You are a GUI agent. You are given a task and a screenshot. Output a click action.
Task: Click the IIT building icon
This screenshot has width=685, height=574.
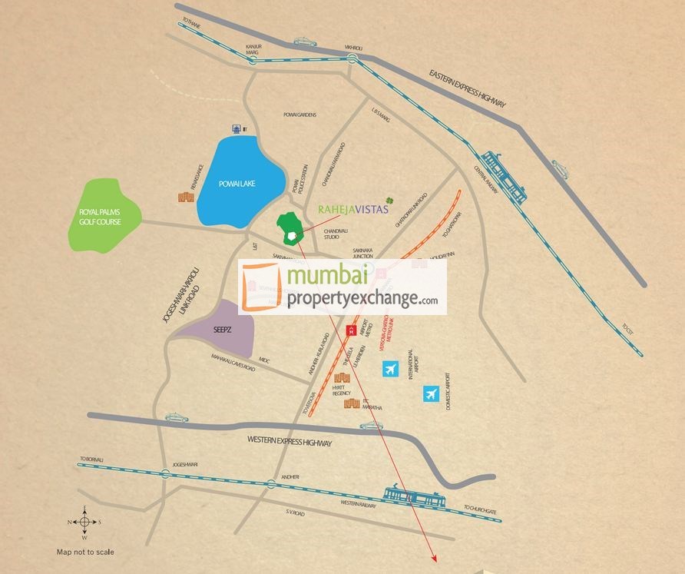[x=237, y=129]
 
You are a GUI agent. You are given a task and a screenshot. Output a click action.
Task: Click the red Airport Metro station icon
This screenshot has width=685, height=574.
[x=352, y=330]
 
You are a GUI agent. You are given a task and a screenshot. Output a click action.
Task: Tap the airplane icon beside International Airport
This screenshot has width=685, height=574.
[x=391, y=370]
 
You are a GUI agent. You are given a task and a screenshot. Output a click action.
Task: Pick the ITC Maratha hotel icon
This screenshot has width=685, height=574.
[x=352, y=403]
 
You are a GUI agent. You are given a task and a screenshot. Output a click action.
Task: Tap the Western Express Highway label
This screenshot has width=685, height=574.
[x=290, y=442]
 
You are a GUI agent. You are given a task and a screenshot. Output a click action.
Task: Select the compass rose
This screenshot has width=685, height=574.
[x=84, y=522]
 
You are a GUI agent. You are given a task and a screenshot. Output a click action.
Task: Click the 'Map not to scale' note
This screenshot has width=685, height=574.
[x=85, y=552]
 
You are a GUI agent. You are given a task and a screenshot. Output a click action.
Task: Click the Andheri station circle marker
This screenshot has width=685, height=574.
[x=270, y=483]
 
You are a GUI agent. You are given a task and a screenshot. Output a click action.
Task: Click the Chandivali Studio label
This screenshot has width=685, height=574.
[x=336, y=234]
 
